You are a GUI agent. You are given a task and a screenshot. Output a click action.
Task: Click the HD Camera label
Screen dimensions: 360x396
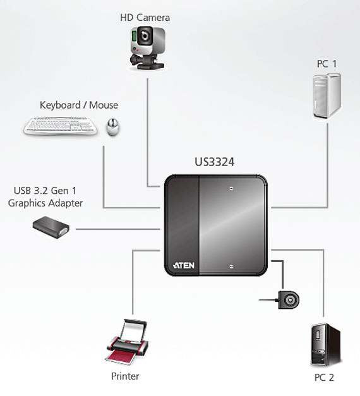145,18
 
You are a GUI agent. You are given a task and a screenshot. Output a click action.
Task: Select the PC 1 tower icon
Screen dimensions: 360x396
327,96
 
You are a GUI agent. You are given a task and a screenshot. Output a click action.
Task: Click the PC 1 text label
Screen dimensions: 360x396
327,64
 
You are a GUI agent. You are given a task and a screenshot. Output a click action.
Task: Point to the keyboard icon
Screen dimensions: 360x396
61,126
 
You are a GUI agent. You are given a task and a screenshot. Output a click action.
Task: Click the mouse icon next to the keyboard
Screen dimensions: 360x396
112,127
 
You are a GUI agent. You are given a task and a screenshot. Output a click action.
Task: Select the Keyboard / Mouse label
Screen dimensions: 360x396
79,105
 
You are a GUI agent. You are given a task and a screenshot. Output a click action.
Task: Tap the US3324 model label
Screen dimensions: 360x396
215,162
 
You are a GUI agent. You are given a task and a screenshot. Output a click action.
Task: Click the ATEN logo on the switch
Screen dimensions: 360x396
184,265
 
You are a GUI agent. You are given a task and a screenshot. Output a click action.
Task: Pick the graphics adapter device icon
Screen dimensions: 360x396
51,227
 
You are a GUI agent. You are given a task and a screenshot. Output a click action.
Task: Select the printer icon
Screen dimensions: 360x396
127,342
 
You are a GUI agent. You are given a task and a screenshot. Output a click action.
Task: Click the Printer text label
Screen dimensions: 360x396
125,376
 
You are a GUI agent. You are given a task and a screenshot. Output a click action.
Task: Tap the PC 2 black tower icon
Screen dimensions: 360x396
325,345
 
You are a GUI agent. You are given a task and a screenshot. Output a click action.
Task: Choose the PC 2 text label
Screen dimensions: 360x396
324,378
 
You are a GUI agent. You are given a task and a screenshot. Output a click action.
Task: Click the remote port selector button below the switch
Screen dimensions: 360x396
289,300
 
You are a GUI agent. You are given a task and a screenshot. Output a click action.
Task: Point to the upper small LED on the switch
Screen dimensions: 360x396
231,188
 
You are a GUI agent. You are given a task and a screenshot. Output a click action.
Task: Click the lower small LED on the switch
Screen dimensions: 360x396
231,267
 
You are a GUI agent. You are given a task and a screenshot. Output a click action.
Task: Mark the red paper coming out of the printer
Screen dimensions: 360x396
120,357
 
